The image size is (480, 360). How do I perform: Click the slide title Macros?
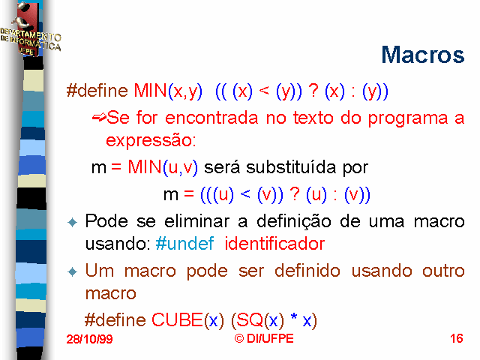[423, 55]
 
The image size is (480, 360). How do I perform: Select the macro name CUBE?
[177, 320]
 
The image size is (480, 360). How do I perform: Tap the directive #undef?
[184, 244]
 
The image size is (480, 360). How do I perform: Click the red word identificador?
[274, 244]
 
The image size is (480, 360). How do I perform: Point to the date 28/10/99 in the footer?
[89, 339]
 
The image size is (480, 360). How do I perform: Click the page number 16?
[457, 338]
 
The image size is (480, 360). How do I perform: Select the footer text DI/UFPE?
[270, 338]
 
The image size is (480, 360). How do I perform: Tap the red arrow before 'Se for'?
[99, 117]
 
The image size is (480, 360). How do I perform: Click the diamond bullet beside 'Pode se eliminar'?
[73, 222]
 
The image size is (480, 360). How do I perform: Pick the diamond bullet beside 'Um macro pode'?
[73, 271]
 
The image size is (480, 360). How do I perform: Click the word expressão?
[149, 141]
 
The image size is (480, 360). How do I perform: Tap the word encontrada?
[211, 118]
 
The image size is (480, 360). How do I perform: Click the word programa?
[408, 118]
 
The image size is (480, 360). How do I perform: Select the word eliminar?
[196, 221]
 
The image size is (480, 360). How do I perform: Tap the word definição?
[294, 222]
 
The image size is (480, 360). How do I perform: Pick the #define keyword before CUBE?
[115, 320]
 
